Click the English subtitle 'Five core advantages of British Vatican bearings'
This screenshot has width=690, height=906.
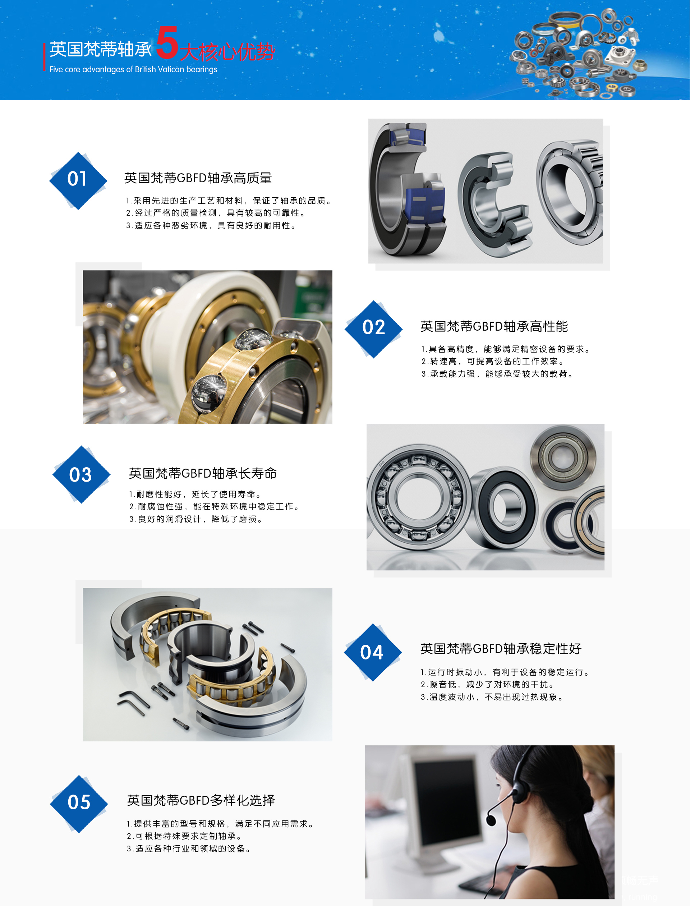coord(133,69)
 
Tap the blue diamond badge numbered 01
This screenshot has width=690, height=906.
coord(78,180)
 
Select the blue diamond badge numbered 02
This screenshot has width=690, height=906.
coord(373,328)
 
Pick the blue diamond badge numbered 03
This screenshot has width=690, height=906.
coord(81,474)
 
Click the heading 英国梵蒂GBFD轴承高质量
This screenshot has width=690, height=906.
coord(198,178)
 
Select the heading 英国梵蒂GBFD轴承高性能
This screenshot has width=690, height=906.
coord(494,327)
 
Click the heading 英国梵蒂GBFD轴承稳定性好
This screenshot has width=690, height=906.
coord(501,649)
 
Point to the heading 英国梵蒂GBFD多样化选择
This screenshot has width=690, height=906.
coord(201,800)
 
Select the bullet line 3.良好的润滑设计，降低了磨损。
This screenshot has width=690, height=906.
coord(196,519)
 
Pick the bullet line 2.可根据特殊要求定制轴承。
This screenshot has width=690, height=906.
coord(184,836)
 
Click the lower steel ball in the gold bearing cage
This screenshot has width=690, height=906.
coord(210,391)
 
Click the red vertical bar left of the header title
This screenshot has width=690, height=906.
coord(44,57)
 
